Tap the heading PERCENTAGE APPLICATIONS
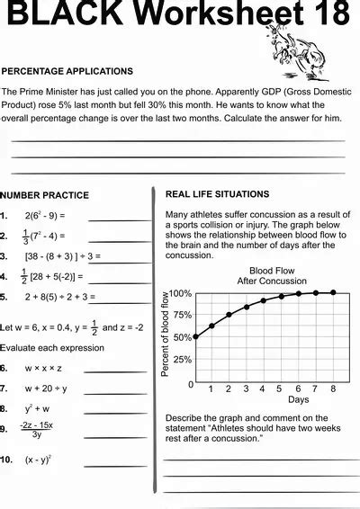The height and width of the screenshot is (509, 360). coord(67,71)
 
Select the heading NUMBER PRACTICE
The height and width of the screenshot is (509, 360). coord(45,194)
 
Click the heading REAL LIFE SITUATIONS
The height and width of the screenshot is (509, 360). coord(217,193)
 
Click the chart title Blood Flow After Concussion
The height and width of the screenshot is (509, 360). coord(259,275)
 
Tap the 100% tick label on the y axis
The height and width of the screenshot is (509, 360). coord(181,293)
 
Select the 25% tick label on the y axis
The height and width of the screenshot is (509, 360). coord(183,360)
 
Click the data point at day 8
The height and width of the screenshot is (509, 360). coord(333,292)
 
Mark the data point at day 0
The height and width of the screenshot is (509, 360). coord(195,337)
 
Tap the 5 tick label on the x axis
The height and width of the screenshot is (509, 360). coord(281,388)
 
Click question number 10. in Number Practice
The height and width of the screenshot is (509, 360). coord(5,459)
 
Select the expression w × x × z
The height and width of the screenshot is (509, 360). coord(44,368)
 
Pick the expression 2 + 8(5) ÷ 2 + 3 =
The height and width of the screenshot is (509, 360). coord(60,297)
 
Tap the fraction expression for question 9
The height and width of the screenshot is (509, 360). coord(37,429)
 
